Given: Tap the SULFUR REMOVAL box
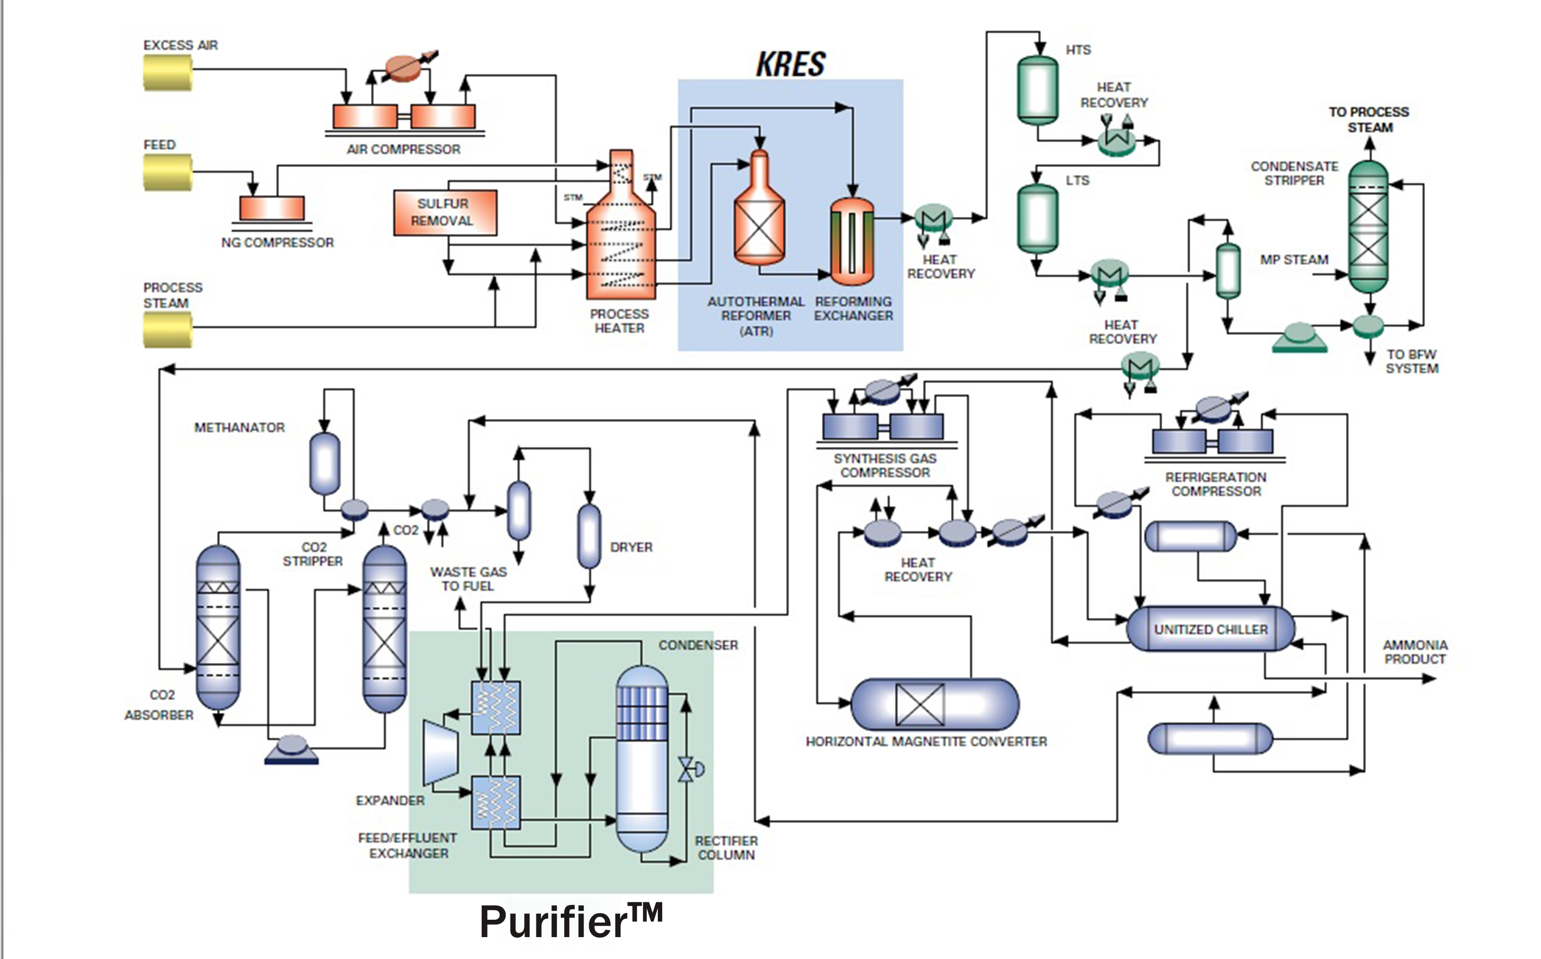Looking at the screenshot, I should coord(445,212).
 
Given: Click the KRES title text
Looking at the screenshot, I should coord(791,64).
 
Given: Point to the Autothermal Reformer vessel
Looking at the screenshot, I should coord(759,216).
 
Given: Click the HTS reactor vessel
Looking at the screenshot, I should coord(1037,90).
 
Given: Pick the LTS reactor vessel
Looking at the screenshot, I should coord(1037,218).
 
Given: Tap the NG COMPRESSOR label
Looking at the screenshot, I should coord(277,242).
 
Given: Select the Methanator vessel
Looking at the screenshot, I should coord(324,463).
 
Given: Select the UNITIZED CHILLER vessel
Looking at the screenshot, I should coord(1210,629).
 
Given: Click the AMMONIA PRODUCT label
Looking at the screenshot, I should coord(1415,652).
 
